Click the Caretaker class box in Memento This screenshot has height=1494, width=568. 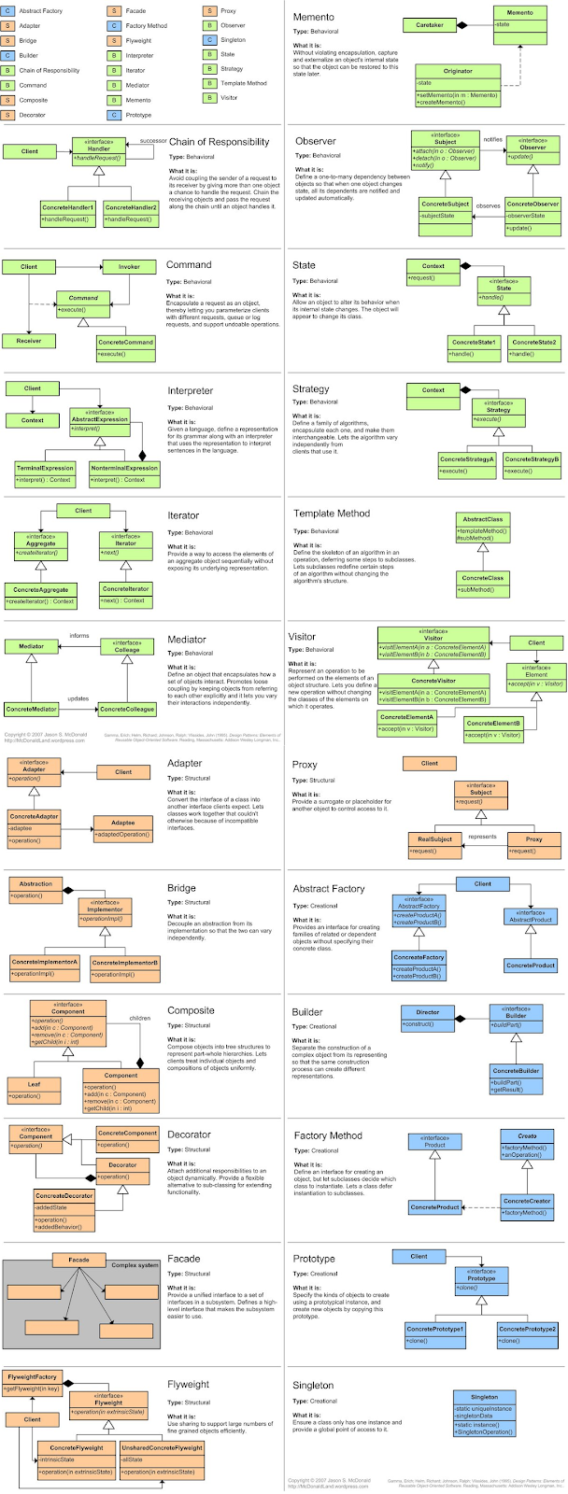pos(429,25)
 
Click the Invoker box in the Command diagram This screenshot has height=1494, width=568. pos(129,267)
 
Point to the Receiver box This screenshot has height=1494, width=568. pos(29,341)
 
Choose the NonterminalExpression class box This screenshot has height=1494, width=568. pos(124,472)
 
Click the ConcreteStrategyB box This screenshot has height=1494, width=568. pos(532,464)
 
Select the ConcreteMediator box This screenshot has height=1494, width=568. pos(32,709)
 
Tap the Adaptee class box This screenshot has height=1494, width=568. pos(122,828)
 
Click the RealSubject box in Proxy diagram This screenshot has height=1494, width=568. pos(434,844)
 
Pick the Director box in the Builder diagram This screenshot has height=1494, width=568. pos(427,1017)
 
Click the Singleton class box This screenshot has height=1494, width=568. pos(484,1414)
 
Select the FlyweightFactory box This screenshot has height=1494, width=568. pos(33,1382)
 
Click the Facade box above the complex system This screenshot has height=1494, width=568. pos(78,1260)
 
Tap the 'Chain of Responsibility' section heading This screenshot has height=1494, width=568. pos(219,143)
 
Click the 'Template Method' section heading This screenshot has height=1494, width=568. pos(332,514)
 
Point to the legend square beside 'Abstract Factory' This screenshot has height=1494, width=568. pos(8,11)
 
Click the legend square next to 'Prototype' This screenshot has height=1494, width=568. pos(113,115)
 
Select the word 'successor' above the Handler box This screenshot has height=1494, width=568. pos(153,141)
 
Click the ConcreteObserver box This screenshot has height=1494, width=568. pos(532,209)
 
